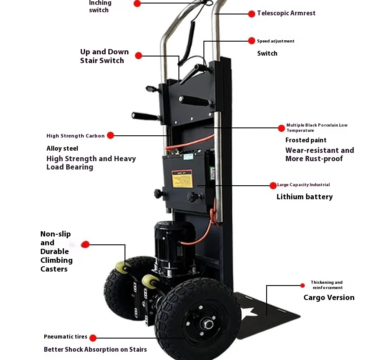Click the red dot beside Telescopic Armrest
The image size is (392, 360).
pyautogui.click(x=252, y=14)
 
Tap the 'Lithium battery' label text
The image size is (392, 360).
pyautogui.click(x=304, y=197)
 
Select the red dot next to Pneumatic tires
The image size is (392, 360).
pyautogui.click(x=93, y=338)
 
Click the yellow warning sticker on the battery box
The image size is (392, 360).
pyautogui.click(x=182, y=178)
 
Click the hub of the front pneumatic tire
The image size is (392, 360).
pyautogui.click(x=206, y=324)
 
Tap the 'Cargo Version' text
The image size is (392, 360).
pyautogui.click(x=329, y=298)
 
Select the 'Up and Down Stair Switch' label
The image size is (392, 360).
pyautogui.click(x=104, y=56)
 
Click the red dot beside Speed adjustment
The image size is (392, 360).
pyautogui.click(x=252, y=41)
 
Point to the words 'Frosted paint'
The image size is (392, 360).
pyautogui.click(x=306, y=140)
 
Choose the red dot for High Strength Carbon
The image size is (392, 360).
pyautogui.click(x=110, y=136)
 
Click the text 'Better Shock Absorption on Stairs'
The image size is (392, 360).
pyautogui.click(x=95, y=349)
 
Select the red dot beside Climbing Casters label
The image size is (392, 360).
pyautogui.click(x=86, y=244)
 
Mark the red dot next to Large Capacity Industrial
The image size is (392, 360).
pyautogui.click(x=273, y=185)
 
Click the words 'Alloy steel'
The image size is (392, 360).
pyautogui.click(x=62, y=148)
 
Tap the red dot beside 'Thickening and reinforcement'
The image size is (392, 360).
pyautogui.click(x=303, y=286)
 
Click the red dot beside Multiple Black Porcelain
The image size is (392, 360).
pyautogui.click(x=282, y=128)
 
